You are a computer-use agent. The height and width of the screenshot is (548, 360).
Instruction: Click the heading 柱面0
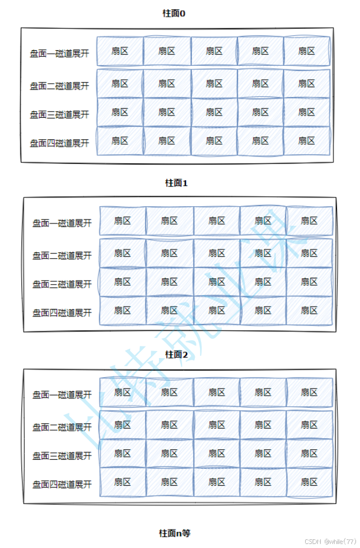[x=174, y=13]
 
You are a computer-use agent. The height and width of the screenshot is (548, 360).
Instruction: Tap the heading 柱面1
[x=177, y=183]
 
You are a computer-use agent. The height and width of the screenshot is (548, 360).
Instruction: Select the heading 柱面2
[x=177, y=354]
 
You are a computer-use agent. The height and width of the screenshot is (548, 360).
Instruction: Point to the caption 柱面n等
[x=175, y=533]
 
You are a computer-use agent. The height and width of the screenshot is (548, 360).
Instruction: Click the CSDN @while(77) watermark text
[x=331, y=542]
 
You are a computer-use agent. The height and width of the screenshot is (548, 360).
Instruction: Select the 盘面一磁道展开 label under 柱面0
[x=60, y=54]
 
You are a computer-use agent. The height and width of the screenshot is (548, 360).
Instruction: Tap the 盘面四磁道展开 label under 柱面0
[x=60, y=143]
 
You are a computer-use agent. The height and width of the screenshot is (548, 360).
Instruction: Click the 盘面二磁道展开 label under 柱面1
[x=62, y=255]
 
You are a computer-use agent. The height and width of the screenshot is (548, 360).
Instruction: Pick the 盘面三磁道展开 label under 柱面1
[x=62, y=284]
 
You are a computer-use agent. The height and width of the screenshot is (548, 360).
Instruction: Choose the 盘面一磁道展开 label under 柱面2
[x=62, y=395]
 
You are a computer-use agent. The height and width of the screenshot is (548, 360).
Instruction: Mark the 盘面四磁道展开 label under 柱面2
[x=62, y=484]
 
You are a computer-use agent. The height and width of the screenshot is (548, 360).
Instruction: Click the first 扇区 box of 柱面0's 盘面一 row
[x=120, y=51]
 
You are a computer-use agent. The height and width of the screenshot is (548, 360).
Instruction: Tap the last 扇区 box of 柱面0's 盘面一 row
[x=307, y=51]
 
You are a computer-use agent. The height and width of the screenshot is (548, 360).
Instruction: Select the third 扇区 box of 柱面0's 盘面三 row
[x=214, y=112]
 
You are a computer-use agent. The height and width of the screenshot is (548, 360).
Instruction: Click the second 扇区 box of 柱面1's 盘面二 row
[x=169, y=253]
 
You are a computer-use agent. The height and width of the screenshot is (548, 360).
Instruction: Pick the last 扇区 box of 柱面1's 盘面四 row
[x=309, y=311]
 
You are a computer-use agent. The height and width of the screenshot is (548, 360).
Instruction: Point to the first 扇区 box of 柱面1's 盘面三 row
[x=122, y=282]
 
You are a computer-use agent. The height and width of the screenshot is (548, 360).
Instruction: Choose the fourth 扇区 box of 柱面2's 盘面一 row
[x=263, y=393]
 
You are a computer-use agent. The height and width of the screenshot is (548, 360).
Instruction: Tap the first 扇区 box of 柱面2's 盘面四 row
[x=122, y=482]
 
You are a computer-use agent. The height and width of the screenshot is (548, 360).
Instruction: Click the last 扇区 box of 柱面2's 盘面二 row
[x=309, y=425]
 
